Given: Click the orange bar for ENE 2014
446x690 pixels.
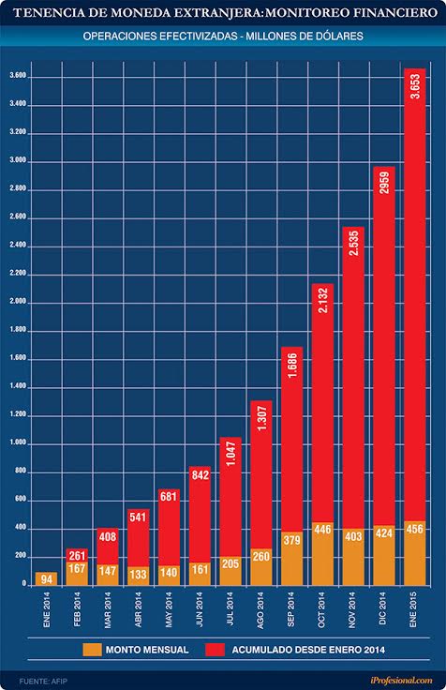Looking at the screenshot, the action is (x=46, y=578).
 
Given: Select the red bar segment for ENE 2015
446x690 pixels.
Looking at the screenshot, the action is (x=415, y=294).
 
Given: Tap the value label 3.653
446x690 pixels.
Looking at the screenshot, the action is (x=415, y=86).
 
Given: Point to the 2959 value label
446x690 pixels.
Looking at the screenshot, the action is (x=384, y=183).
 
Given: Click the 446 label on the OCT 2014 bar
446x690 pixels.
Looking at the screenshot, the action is (x=322, y=529).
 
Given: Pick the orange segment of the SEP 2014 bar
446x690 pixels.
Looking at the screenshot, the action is (x=292, y=559).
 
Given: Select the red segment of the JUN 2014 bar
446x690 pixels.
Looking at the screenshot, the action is (x=201, y=515).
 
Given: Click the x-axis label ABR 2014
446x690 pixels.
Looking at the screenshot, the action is (x=138, y=609).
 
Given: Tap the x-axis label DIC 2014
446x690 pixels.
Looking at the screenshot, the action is (x=381, y=608).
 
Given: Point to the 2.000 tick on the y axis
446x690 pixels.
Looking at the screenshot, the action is (x=18, y=302).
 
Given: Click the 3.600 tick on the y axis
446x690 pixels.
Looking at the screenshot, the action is (x=18, y=76).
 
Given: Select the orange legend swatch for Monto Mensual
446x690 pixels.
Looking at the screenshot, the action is (x=92, y=650).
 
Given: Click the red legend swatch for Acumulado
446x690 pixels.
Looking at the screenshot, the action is (x=215, y=650).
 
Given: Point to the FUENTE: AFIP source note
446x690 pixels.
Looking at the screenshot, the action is (x=43, y=682).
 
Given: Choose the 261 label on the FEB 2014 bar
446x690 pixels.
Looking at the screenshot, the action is (x=77, y=556).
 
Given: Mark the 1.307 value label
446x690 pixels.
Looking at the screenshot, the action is (x=261, y=418).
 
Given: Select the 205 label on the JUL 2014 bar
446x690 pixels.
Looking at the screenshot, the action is (x=230, y=563).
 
